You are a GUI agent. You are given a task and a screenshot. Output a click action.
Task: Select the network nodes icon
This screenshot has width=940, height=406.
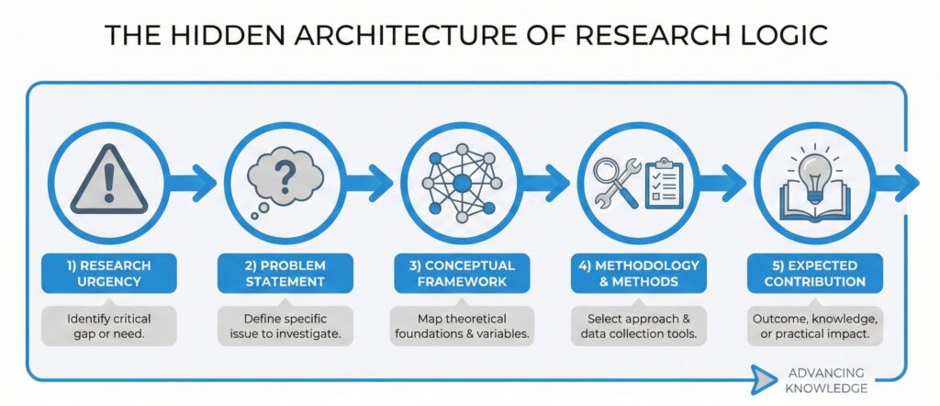(x=461, y=181)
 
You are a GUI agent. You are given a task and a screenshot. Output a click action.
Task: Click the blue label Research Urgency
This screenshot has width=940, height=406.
(x=109, y=273)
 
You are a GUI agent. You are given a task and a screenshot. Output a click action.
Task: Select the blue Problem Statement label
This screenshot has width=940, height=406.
(x=285, y=273)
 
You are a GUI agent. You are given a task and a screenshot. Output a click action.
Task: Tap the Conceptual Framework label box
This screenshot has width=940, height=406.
(x=461, y=273)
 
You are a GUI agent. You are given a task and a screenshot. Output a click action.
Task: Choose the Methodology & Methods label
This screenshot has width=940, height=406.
(x=639, y=273)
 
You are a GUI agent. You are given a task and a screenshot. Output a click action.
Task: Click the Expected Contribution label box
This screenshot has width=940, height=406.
(x=816, y=273)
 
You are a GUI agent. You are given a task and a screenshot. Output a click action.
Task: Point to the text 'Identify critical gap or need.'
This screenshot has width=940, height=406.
(x=109, y=326)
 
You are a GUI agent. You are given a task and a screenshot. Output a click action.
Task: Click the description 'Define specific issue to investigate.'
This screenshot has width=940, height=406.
(x=285, y=326)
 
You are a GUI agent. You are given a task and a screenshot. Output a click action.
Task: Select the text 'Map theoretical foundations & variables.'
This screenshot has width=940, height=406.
(x=461, y=326)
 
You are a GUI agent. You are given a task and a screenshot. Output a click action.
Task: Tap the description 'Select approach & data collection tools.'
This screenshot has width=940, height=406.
(x=639, y=326)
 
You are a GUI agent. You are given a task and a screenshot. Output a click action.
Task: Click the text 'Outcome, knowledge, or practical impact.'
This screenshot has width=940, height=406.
(x=816, y=326)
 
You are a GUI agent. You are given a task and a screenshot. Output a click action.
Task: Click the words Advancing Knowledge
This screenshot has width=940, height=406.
(x=827, y=381)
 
